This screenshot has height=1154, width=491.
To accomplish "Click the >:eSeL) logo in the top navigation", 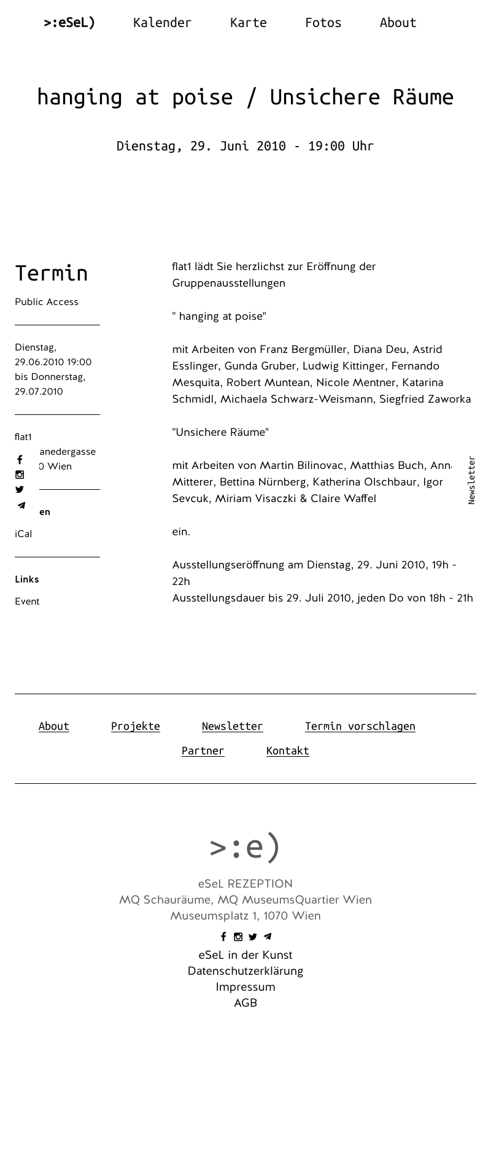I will pyautogui.click(x=69, y=23).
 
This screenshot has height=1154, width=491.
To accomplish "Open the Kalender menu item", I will pyautogui.click(x=162, y=23).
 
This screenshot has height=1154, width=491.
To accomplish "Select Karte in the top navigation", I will pyautogui.click(x=248, y=23).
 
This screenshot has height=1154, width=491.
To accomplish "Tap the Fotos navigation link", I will pyautogui.click(x=323, y=23).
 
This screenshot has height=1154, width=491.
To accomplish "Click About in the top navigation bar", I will pyautogui.click(x=398, y=23).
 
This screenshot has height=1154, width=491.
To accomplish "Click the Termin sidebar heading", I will pyautogui.click(x=52, y=273).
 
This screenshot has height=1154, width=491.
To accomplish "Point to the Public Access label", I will pyautogui.click(x=47, y=302).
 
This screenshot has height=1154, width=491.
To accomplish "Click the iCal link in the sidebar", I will pyautogui.click(x=23, y=534).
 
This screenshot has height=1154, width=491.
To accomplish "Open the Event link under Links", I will pyautogui.click(x=27, y=602).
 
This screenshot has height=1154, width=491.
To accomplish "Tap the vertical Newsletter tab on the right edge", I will pyautogui.click(x=471, y=480).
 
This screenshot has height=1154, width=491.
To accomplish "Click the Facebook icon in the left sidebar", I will pyautogui.click(x=20, y=460).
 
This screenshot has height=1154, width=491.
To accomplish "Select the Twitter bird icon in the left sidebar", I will pyautogui.click(x=20, y=489).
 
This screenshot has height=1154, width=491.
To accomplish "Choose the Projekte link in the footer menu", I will pyautogui.click(x=136, y=726).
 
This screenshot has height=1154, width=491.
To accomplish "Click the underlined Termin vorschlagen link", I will pyautogui.click(x=360, y=726).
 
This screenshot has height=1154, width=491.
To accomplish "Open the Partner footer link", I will pyautogui.click(x=203, y=751).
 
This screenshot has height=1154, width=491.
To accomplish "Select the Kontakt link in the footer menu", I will pyautogui.click(x=288, y=751).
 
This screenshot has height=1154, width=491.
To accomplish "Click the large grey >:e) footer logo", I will pyautogui.click(x=245, y=846).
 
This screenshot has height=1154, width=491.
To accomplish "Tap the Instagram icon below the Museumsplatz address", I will pyautogui.click(x=238, y=937).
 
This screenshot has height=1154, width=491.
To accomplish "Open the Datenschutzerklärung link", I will pyautogui.click(x=245, y=971).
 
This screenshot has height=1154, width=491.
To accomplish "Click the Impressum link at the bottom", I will pyautogui.click(x=245, y=987).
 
